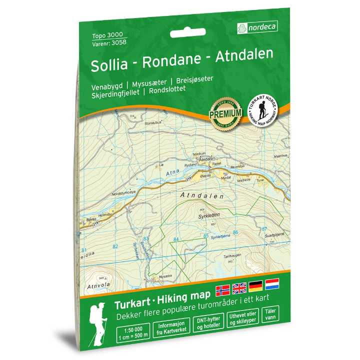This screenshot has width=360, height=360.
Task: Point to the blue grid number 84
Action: click(175, 239)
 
